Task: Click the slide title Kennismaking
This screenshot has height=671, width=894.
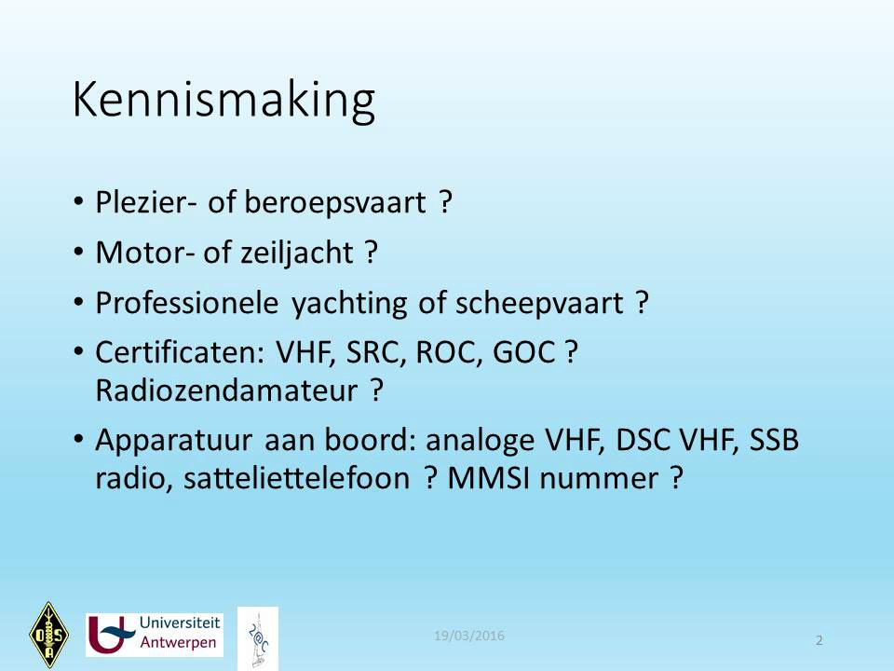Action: [223, 101]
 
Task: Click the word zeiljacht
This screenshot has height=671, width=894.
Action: [296, 253]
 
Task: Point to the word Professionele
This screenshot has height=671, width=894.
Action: [187, 303]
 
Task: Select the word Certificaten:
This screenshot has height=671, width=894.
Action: [180, 352]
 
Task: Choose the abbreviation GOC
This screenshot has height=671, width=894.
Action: [524, 352]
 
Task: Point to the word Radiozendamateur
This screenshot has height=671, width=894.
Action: [226, 390]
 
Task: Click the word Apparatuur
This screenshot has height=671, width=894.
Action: [174, 442]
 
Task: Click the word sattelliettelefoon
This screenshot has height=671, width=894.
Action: [296, 478]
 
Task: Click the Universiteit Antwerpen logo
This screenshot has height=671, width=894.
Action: [155, 635]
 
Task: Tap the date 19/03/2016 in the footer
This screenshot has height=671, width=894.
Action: [469, 636]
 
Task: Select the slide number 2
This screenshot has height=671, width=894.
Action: [819, 640]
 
